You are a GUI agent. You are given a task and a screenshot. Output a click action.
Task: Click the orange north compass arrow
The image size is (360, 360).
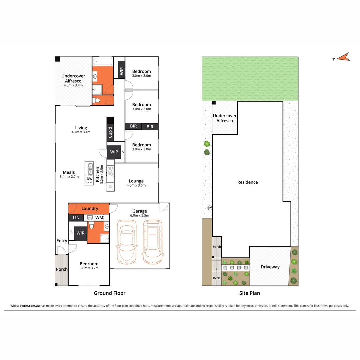[345, 57]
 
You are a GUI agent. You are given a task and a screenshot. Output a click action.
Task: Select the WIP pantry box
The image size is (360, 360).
[114, 152]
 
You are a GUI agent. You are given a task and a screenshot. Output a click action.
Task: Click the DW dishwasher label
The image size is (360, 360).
[89, 179]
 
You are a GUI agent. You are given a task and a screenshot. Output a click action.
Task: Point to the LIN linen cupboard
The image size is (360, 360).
[76, 218]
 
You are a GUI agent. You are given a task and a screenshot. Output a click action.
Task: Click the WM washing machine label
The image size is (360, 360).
[99, 218]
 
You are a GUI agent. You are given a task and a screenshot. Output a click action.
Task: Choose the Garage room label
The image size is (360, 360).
[140, 211]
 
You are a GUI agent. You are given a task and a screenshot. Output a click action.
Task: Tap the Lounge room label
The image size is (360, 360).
[136, 181]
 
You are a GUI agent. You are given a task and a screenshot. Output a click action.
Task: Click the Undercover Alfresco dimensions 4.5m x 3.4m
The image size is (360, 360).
[73, 85]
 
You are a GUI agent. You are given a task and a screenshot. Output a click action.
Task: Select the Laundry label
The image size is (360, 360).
[90, 208]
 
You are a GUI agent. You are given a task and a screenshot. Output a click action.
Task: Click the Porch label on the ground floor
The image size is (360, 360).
[62, 269]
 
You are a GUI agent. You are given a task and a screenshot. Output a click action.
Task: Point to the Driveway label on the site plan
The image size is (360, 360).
[270, 267]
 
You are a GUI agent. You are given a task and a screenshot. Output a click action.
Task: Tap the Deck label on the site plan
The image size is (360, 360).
[217, 278]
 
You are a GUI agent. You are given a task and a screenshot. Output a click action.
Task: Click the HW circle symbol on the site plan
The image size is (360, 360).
[210, 208]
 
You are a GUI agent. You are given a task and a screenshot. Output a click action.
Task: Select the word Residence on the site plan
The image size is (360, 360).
[247, 182]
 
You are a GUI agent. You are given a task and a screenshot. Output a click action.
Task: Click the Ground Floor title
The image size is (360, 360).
[109, 293]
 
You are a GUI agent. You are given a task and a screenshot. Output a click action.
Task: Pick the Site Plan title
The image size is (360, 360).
[250, 293]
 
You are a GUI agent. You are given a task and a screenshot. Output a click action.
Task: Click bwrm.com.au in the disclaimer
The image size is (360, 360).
[30, 306]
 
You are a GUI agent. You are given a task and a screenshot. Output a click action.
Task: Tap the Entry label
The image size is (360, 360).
[62, 241]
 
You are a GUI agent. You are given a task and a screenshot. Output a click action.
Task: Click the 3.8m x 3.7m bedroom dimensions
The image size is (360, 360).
[89, 268]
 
